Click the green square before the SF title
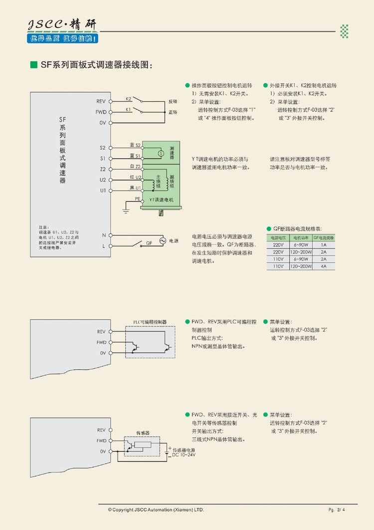pos(34,65)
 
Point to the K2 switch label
pos(128,99)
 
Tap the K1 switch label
pos(128,109)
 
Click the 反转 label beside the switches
pos(173,101)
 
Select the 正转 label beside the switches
pos(173,112)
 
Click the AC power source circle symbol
pos(162,241)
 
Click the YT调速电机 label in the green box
pos(161,200)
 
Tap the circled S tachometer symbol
pos(161,152)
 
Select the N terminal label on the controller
pos(104,235)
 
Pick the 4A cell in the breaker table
pos(324,266)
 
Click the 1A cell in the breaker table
pos(324,245)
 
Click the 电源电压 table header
pos(278,238)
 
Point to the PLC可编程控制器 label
pos(150,322)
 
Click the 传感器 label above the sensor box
pos(143,433)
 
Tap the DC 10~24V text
pos(184,455)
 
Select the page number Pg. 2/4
pos(337,510)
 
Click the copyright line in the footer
pos(156,510)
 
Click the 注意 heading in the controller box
pos(42,227)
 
